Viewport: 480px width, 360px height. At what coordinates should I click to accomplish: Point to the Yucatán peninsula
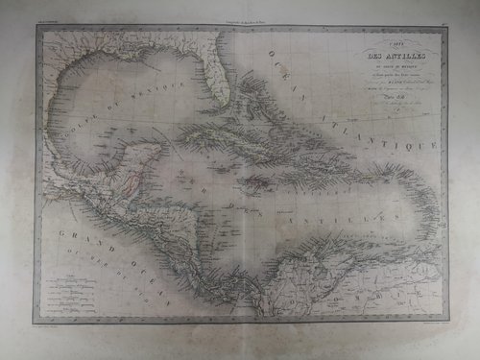[143, 163]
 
